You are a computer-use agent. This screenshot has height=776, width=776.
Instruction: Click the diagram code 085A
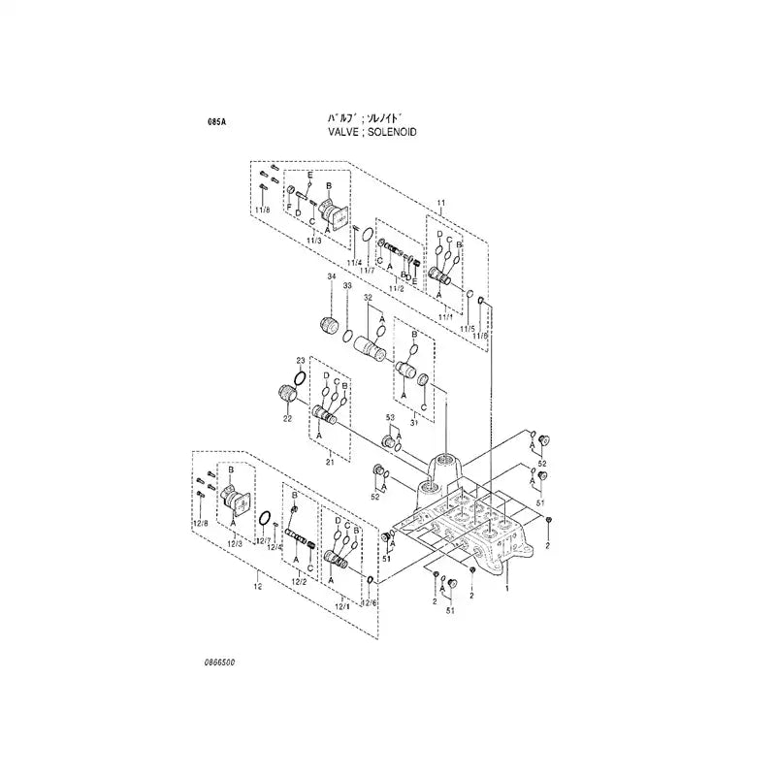(x=216, y=123)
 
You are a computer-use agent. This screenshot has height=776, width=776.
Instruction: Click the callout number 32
(x=368, y=299)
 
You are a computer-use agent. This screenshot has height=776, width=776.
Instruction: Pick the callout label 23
(x=301, y=360)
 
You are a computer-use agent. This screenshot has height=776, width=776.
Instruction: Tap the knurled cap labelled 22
(x=287, y=394)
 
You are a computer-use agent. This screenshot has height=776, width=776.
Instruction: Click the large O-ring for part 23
(x=302, y=377)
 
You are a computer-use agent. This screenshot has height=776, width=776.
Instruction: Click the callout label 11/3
(x=312, y=241)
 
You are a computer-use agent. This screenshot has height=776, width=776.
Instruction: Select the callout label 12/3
(x=235, y=542)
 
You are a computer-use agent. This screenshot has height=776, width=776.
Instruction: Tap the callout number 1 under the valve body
(x=504, y=588)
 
